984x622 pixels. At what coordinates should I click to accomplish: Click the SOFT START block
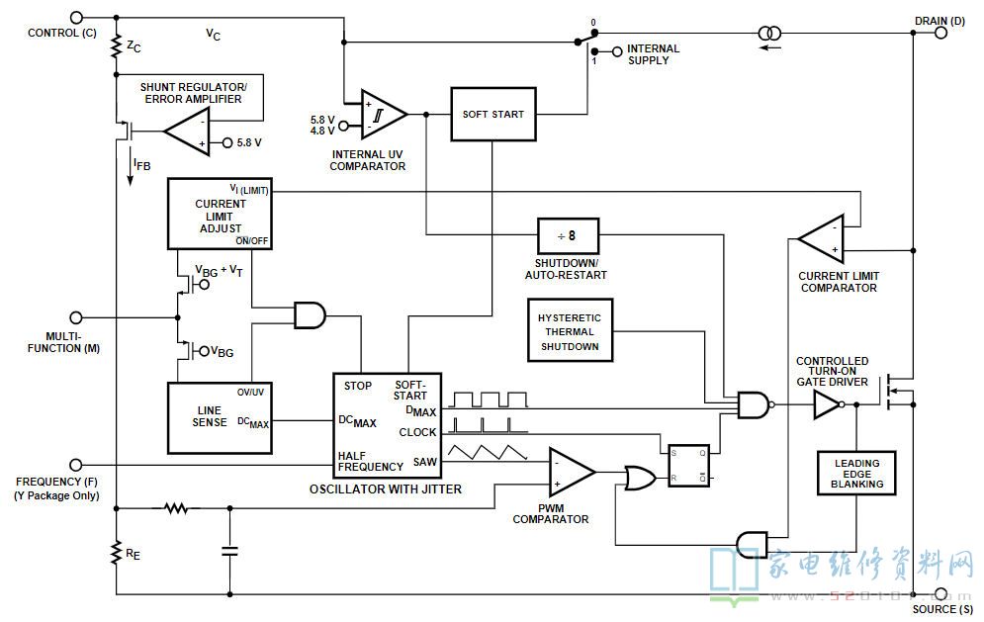click(493, 115)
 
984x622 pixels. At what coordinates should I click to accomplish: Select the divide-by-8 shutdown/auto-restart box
click(568, 236)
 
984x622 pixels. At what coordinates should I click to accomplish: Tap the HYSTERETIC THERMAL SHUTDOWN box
click(570, 330)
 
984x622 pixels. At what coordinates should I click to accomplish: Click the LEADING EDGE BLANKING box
click(856, 474)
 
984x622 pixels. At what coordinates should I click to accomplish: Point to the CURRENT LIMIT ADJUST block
click(220, 214)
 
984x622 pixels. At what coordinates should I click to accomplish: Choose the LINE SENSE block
click(220, 418)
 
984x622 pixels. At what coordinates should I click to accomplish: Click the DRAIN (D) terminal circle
click(940, 32)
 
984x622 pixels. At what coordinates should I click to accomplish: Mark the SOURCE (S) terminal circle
click(940, 593)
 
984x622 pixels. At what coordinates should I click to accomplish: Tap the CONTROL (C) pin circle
click(76, 18)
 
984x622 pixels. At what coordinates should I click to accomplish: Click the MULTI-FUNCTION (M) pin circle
click(76, 317)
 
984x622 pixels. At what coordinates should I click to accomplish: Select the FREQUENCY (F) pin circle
click(76, 465)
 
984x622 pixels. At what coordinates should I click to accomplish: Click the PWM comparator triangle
click(570, 472)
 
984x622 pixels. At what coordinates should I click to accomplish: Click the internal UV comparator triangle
click(382, 115)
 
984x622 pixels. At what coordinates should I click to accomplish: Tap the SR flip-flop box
click(689, 465)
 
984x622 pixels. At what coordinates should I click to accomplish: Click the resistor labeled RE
click(116, 552)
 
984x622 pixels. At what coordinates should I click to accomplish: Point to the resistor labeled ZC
click(116, 46)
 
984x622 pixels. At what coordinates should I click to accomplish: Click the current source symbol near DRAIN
click(770, 33)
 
